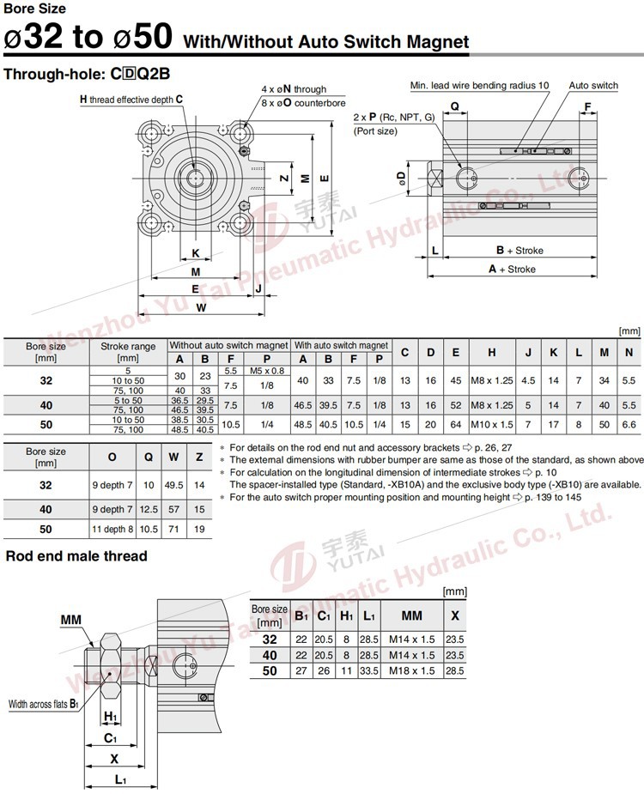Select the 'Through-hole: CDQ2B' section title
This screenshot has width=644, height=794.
click(92, 74)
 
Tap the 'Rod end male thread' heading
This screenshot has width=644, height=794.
click(76, 556)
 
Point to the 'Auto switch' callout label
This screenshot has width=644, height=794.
click(592, 86)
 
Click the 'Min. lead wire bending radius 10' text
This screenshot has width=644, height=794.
click(479, 86)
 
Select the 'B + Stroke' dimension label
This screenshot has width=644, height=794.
click(519, 251)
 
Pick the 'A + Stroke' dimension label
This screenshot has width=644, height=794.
click(512, 269)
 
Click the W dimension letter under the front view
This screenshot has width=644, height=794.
click(200, 306)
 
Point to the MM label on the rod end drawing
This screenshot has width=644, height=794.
click(71, 620)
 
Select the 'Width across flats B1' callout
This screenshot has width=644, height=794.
click(44, 705)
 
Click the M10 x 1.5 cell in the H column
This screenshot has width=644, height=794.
click(493, 425)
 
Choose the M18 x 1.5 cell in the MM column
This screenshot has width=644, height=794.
click(411, 670)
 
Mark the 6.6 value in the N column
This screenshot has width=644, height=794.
click(629, 425)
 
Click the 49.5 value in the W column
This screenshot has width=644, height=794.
click(174, 485)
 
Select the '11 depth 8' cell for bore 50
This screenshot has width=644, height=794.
click(112, 530)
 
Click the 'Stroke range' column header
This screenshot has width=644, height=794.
click(128, 352)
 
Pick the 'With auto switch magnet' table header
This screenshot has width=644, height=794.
click(341, 345)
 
